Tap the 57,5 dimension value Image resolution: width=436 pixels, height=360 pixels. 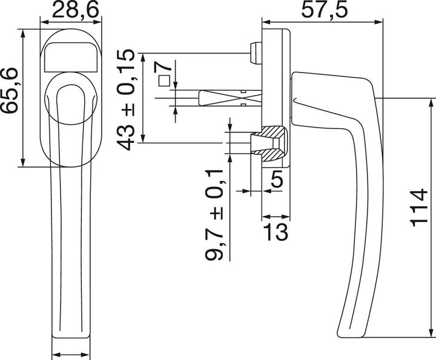(x=326, y=10)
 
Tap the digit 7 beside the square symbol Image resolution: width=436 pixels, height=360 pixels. (x=165, y=67)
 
